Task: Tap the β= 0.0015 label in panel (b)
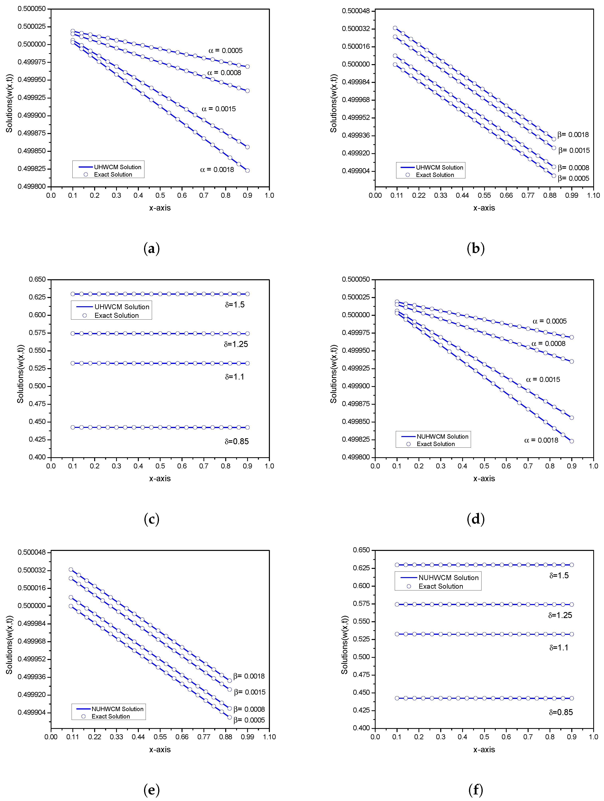574,150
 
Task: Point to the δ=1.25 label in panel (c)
236,344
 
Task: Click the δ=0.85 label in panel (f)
561,712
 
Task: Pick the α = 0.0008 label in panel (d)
548,344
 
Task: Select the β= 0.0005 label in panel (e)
249,720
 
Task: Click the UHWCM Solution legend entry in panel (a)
117,167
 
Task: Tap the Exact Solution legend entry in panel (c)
116,315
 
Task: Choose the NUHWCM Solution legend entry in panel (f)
448,577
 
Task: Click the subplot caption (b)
475,248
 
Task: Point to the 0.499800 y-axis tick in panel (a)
32,187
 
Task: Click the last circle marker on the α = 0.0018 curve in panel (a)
247,171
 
